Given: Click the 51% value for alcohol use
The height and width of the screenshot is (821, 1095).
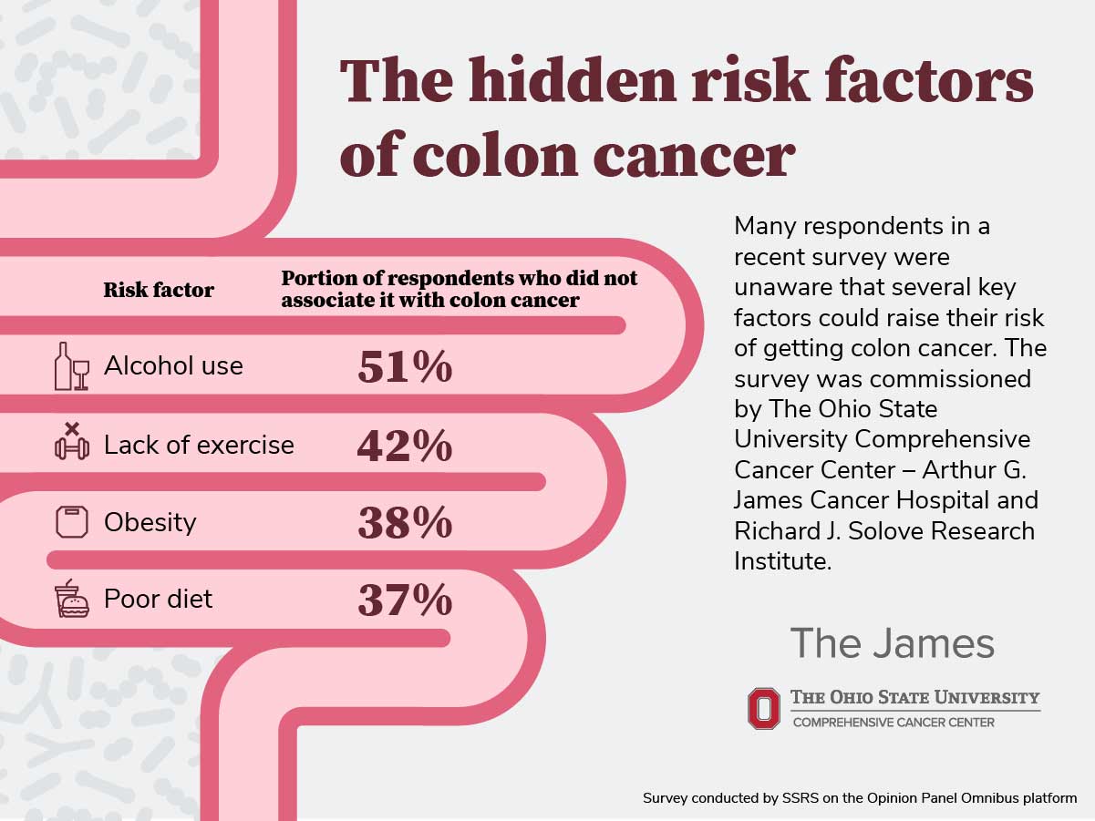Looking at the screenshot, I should pyautogui.click(x=404, y=367).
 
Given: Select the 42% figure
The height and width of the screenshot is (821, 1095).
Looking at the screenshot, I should pyautogui.click(x=404, y=446).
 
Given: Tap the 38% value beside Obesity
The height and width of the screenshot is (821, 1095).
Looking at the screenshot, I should pyautogui.click(x=404, y=523).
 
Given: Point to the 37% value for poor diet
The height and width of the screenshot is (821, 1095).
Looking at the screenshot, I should pyautogui.click(x=404, y=600).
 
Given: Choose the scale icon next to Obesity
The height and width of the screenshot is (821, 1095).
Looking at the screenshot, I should pyautogui.click(x=72, y=522).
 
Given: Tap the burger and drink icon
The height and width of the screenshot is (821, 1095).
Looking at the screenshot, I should pyautogui.click(x=72, y=600).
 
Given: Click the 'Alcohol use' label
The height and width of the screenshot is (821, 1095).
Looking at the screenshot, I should pyautogui.click(x=173, y=366).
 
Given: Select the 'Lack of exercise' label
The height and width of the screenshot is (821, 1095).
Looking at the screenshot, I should pyautogui.click(x=199, y=445).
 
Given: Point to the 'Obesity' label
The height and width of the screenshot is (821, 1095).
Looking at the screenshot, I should pyautogui.click(x=150, y=522).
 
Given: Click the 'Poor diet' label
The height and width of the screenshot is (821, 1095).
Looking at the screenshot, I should pyautogui.click(x=158, y=599).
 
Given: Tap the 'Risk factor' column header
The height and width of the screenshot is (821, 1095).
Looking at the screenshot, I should pyautogui.click(x=159, y=291).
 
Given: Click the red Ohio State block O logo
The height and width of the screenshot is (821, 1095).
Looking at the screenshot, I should pyautogui.click(x=764, y=708).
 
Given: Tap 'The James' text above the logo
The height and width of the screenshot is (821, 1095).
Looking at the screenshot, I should pyautogui.click(x=891, y=643).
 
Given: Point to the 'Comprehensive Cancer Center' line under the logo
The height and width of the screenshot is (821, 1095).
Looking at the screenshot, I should pyautogui.click(x=894, y=723).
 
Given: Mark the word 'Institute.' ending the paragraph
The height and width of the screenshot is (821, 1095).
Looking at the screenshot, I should pyautogui.click(x=783, y=561).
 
